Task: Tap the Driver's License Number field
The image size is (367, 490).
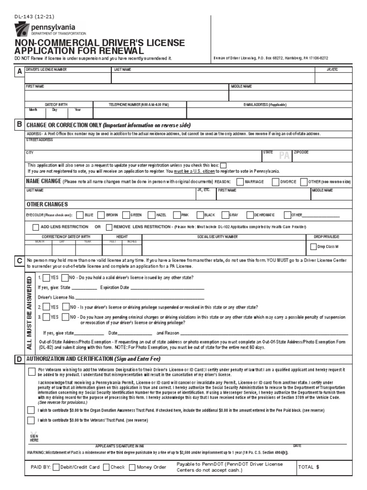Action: coord(67,78)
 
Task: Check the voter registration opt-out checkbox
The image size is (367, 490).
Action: coord(223,165)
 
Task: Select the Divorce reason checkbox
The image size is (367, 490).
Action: coord(276,182)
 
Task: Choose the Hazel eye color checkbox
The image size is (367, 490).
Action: coord(151,215)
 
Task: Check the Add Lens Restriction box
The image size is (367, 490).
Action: coord(36,227)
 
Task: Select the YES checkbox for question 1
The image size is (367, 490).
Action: coord(46,278)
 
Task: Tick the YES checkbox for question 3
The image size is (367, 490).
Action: coord(46,317)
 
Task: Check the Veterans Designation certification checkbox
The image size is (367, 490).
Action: coord(31,371)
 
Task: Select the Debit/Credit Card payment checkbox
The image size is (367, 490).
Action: coord(56,468)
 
